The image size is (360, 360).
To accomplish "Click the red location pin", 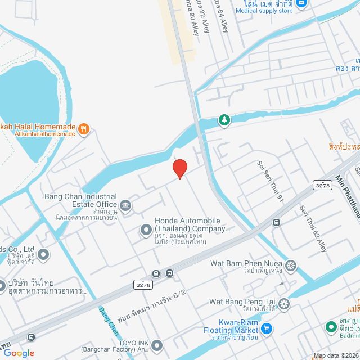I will point(179,168).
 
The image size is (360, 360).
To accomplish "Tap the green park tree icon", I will point(224,120).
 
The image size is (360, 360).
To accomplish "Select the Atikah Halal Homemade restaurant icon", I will point(84,129).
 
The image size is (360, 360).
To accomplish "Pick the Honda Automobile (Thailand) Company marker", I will point(146,229).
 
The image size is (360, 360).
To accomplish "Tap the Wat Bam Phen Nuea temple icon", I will point(291,265).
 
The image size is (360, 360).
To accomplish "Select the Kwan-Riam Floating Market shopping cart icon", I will point(267,328).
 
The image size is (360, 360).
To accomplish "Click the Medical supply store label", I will point(264,11).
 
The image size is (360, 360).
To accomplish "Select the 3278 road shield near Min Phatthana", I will point(322,184).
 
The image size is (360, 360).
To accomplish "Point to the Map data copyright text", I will point(336,355).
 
